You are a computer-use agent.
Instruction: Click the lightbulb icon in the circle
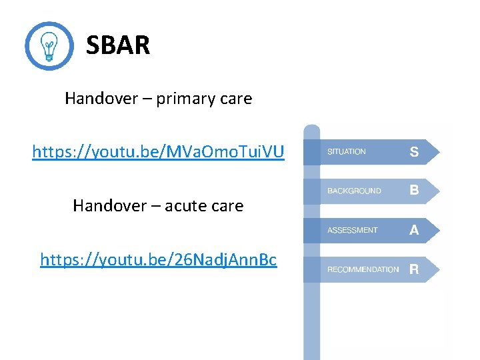pos(49,46)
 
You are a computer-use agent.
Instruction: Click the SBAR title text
pos(118,45)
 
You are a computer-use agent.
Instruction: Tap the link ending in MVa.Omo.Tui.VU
pos(158,152)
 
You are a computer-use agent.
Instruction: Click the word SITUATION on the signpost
pos(347,152)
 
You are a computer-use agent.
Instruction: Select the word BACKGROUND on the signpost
pos(354,191)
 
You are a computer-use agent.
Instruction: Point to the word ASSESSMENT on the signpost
pos(352,231)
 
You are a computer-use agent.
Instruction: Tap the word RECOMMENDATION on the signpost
pos(363,270)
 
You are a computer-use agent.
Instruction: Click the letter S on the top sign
pos(414,152)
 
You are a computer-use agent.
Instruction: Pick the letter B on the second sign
pos(414,191)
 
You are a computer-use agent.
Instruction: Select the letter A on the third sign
pos(414,230)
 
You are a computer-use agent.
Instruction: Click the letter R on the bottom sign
pos(414,269)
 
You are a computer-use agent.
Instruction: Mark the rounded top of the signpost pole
pos(311,129)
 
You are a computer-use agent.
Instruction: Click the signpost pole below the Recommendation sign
pos(311,320)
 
